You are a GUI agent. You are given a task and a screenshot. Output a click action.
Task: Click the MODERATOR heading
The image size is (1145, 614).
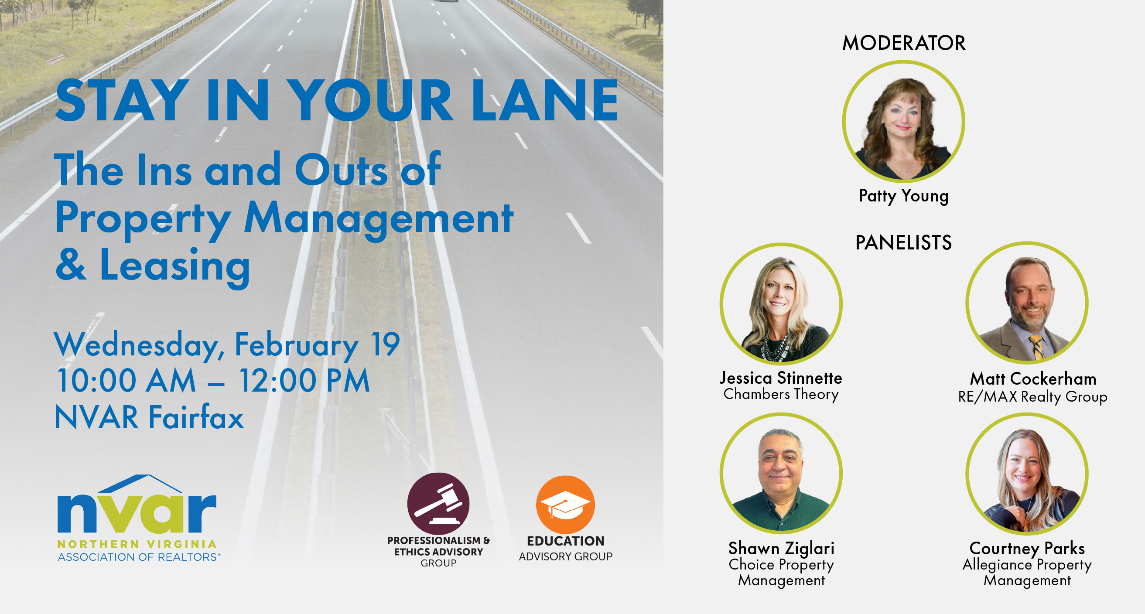pos(904,43)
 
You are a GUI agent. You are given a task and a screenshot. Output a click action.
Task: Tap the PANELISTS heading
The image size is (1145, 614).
pos(904,242)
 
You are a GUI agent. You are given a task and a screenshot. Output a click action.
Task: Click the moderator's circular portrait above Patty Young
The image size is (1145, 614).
pos(904,122)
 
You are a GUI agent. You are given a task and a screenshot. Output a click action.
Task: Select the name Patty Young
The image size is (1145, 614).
pos(904,196)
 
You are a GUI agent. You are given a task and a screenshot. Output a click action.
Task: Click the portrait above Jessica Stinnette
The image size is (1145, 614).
pos(781,304)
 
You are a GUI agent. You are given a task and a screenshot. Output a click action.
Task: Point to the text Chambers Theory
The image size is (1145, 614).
pos(781,394)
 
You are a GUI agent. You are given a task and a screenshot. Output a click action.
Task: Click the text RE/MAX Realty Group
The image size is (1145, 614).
pos(1032,396)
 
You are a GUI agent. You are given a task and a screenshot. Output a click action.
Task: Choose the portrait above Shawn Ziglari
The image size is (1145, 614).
pos(781,474)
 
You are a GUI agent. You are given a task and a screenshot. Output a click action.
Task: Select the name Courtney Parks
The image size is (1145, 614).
pos(1027,548)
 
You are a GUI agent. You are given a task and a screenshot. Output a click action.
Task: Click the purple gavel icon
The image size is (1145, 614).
pos(438,503)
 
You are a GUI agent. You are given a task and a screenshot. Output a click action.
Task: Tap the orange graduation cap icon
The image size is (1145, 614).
pos(565,505)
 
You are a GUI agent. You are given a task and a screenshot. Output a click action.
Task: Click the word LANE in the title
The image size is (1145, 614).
pos(545,100)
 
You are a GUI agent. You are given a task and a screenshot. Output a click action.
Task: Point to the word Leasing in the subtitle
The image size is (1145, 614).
pos(174,266)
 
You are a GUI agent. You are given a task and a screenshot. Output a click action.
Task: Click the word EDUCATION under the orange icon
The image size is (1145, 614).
pos(565,541)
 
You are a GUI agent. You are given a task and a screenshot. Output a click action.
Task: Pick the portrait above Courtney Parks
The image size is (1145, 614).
pos(1027,474)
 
